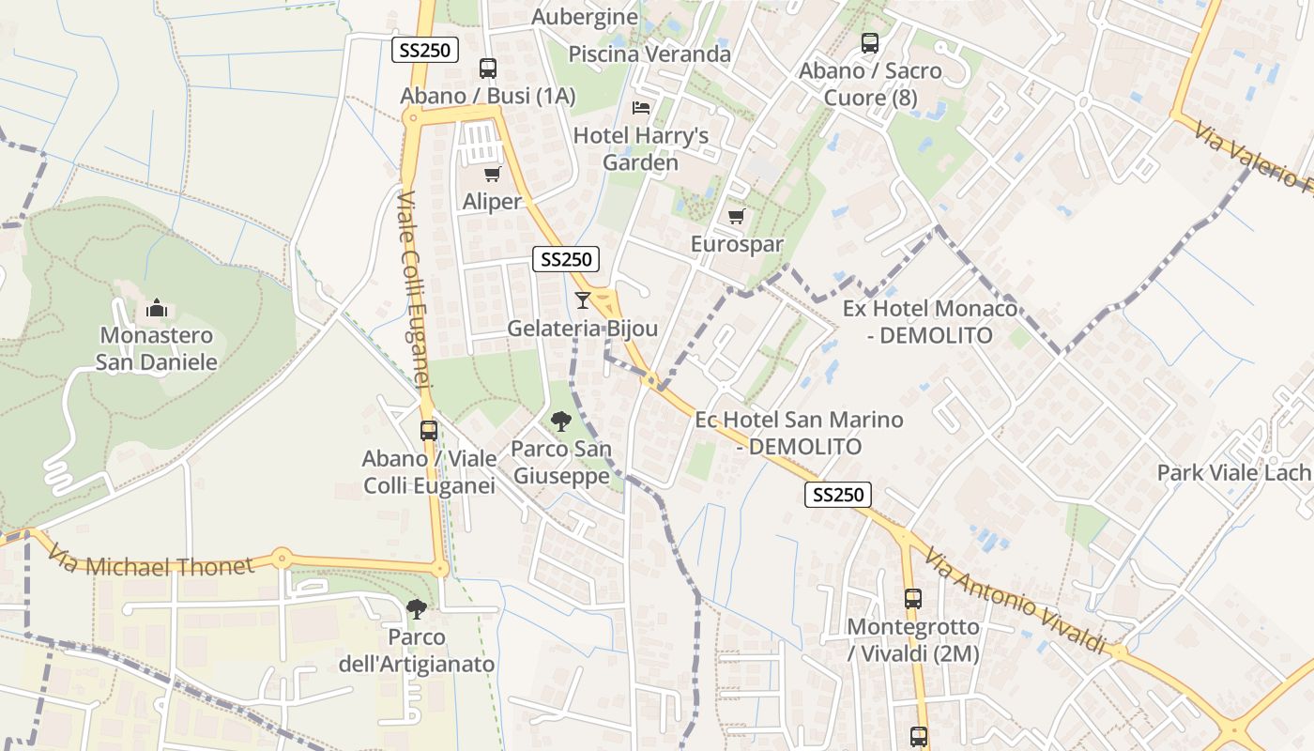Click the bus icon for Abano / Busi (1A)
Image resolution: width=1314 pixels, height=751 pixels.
(x=488, y=68)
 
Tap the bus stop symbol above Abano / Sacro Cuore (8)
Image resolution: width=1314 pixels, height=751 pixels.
(x=870, y=42)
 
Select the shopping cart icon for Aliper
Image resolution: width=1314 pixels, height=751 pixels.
(x=492, y=174)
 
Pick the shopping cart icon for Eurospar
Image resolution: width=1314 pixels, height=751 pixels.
(x=737, y=217)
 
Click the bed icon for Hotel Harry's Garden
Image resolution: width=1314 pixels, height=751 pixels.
(x=641, y=107)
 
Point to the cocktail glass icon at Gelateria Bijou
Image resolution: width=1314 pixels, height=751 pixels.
(x=583, y=300)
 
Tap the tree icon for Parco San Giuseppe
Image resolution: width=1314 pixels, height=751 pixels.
(x=561, y=421)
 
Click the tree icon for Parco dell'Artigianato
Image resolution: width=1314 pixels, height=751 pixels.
(x=416, y=609)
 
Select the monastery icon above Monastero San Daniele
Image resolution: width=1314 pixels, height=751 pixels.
(x=157, y=308)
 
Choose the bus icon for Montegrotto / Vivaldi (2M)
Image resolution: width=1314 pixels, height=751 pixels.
(x=913, y=598)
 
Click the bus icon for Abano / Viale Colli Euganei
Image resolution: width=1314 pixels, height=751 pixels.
(x=429, y=431)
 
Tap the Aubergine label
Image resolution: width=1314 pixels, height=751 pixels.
(x=585, y=17)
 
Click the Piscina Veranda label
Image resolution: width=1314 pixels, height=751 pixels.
(x=649, y=54)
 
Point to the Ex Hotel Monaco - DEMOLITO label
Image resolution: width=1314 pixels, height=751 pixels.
(x=929, y=322)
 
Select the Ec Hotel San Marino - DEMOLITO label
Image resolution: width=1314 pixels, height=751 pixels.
(x=799, y=433)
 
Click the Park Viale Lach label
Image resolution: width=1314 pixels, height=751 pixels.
(x=1232, y=472)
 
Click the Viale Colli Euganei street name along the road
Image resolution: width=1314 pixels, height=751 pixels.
(x=413, y=290)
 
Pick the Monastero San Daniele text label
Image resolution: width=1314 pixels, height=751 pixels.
(x=157, y=348)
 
